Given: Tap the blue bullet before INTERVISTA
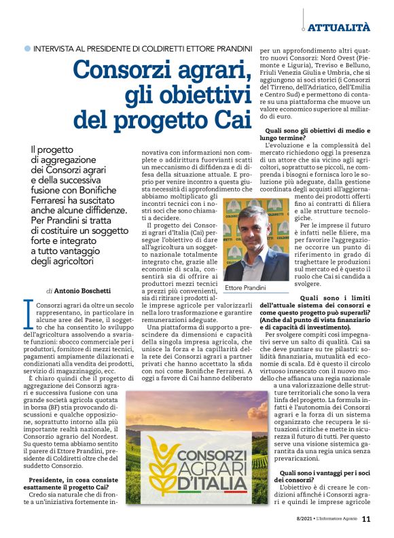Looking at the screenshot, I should coord(27,50).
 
